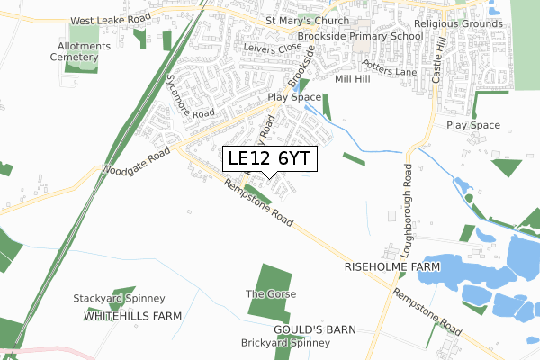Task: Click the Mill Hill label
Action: (x=352, y=79)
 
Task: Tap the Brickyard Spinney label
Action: (x=280, y=343)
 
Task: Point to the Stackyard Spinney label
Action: (x=119, y=298)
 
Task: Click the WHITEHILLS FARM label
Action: (x=132, y=316)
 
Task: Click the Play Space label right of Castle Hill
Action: (x=472, y=125)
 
